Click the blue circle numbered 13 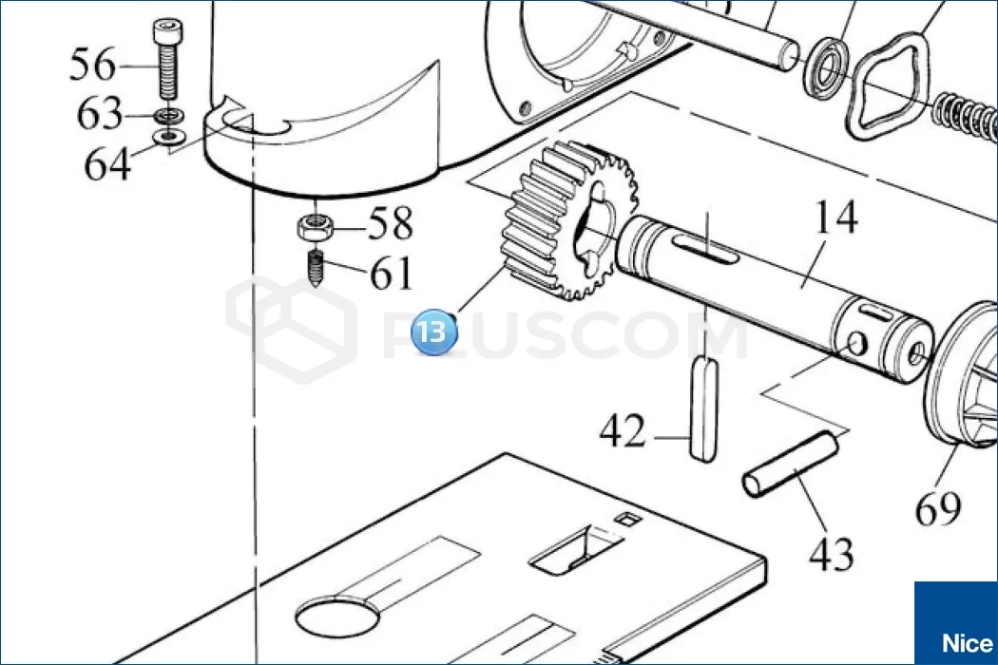[x=434, y=332]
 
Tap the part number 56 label [x=93, y=65]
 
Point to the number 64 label [x=107, y=163]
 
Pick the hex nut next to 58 [x=313, y=227]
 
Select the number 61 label [x=392, y=274]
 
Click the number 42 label [x=623, y=430]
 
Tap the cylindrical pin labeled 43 [x=790, y=464]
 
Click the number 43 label [x=831, y=554]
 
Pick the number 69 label [x=938, y=508]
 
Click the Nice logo [x=956, y=623]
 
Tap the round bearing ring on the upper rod [x=826, y=68]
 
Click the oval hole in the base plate [x=338, y=616]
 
